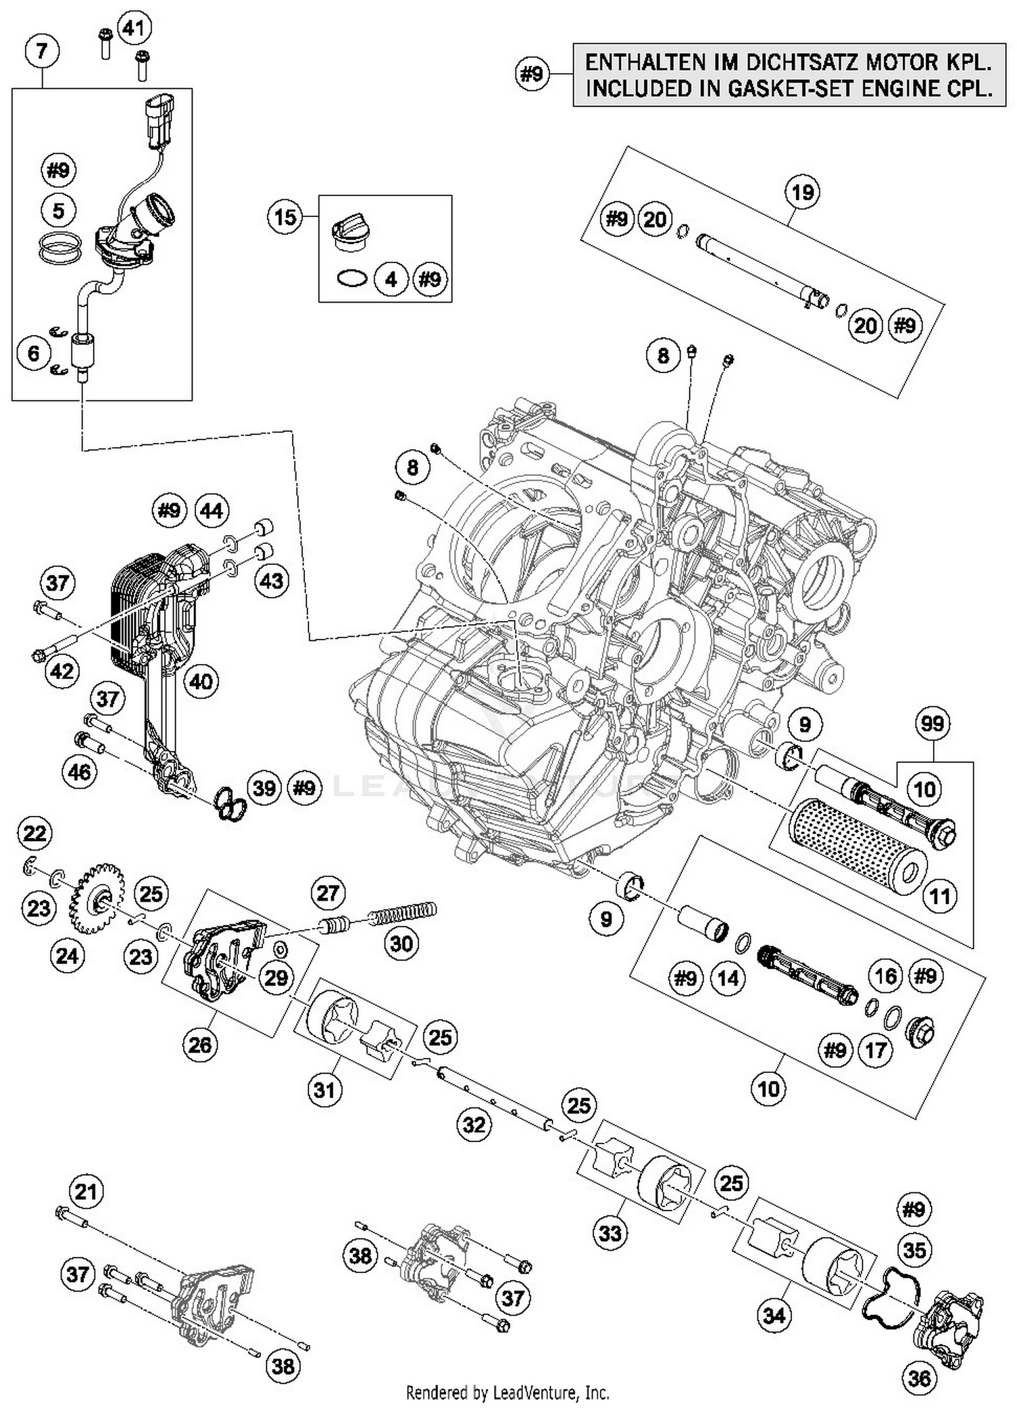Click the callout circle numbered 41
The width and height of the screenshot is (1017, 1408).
(x=134, y=28)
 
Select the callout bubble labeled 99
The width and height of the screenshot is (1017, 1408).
(x=932, y=724)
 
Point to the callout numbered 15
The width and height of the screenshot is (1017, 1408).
(x=285, y=217)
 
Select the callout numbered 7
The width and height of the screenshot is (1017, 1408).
(x=41, y=51)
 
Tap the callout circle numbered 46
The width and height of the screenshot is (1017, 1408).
(x=79, y=772)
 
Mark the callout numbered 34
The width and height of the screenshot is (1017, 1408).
(x=774, y=1315)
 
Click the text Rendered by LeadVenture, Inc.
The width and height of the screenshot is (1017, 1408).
(x=507, y=1392)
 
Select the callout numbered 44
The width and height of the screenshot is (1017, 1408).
(x=212, y=510)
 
